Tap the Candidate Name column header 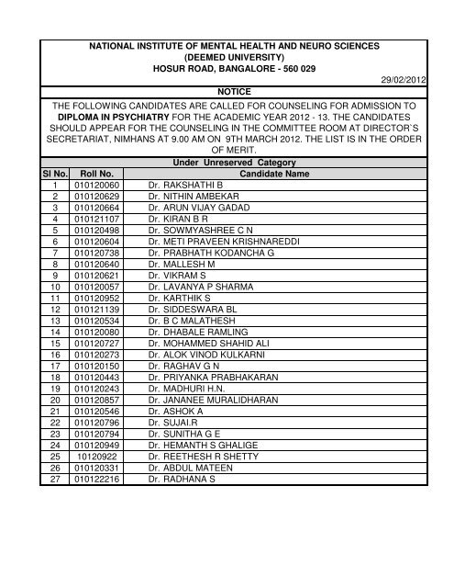275,171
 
